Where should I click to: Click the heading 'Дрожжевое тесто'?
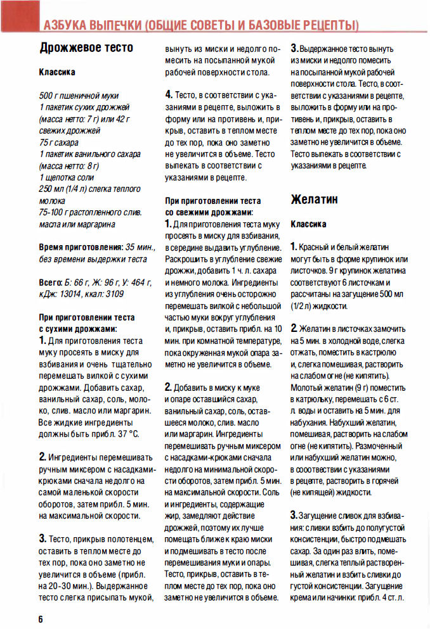click(86, 48)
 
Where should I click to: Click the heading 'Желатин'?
click(315, 200)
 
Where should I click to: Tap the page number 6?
click(41, 618)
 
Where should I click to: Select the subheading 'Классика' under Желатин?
click(308, 224)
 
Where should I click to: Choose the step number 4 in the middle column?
click(169, 94)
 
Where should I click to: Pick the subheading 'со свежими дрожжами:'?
click(209, 212)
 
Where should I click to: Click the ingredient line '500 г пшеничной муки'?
click(77, 95)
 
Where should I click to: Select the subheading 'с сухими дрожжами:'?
click(78, 329)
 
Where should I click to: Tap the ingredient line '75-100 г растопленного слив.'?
click(90, 212)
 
